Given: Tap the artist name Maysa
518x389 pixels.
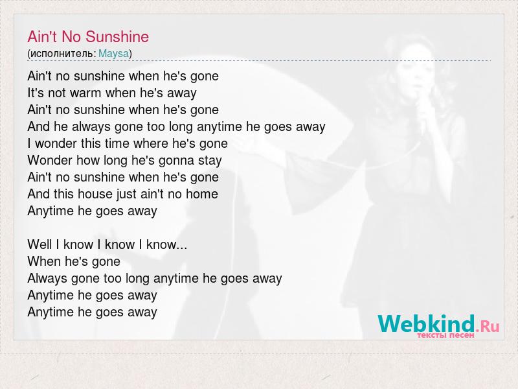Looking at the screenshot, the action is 114,53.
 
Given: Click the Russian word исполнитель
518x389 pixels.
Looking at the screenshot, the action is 63,53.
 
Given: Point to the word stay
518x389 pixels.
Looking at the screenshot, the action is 210,161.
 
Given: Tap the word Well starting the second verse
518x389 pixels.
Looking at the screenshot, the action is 39,244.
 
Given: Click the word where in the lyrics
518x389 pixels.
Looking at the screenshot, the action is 151,143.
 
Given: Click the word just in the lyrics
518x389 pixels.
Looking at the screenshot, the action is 126,194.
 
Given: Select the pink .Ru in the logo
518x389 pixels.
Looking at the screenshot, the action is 488,326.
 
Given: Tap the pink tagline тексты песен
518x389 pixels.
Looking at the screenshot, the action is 445,335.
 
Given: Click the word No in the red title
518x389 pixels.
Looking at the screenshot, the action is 71,36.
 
